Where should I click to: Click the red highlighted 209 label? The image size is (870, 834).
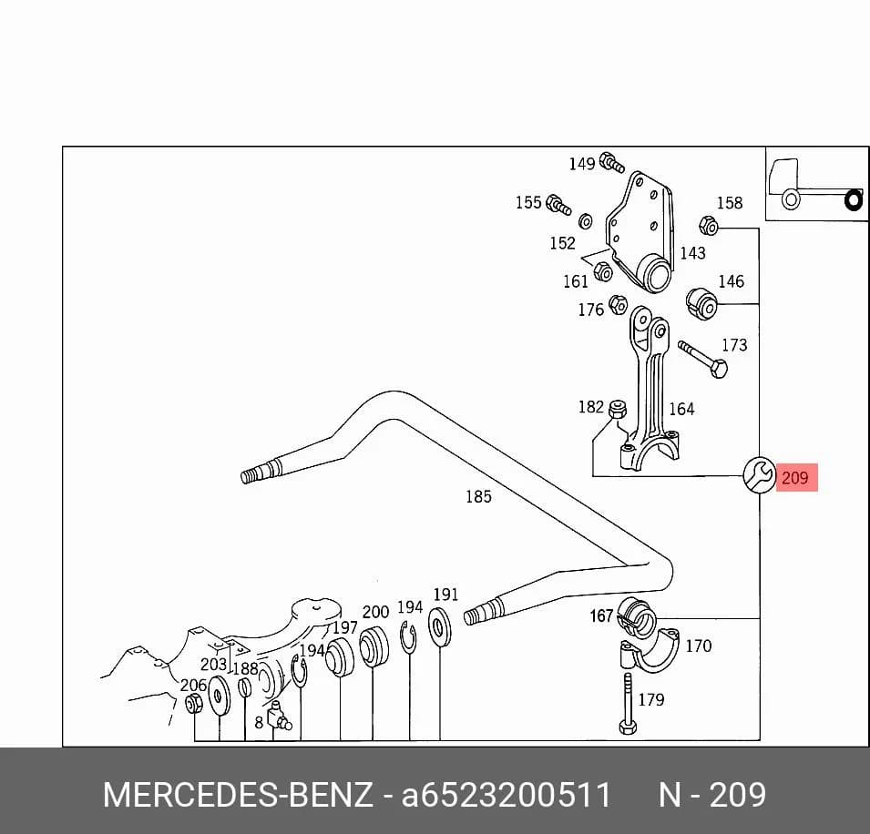796,477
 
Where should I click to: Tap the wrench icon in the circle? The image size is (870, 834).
759,474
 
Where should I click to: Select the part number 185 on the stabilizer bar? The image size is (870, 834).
478,496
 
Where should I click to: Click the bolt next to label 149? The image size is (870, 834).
612,162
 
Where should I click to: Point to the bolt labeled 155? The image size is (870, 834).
558,205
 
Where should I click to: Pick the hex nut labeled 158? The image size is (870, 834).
709,226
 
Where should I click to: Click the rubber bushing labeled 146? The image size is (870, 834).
701,303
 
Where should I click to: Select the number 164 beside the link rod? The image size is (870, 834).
681,409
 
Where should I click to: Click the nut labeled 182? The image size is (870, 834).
618,409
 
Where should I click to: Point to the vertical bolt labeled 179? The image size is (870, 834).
628,703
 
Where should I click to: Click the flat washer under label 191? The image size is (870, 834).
439,627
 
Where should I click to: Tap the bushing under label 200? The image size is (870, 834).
373,646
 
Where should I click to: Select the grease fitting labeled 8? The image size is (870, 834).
279,716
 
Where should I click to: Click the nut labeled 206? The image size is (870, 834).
193,704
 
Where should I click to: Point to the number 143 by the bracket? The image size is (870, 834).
693,253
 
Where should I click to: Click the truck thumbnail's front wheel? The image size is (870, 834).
791,198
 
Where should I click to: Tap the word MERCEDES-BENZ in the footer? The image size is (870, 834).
238,795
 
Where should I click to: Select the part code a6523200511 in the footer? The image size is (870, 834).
506,795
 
